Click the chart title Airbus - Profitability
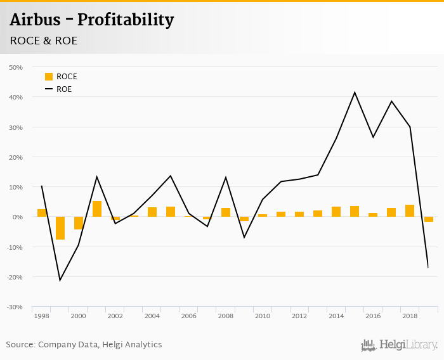91,20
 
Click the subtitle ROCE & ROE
44,41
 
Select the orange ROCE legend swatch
49,77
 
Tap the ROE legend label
64,89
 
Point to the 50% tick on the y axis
16,67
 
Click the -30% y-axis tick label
15,307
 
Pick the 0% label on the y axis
18,217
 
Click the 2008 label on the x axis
226,316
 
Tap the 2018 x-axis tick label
410,316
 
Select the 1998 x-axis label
42,316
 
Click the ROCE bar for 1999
60,228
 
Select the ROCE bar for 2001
97,209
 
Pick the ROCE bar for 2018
410,211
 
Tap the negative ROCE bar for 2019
429,219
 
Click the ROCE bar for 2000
79,223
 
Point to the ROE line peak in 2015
355,93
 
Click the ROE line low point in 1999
60,280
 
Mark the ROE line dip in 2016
373,137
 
